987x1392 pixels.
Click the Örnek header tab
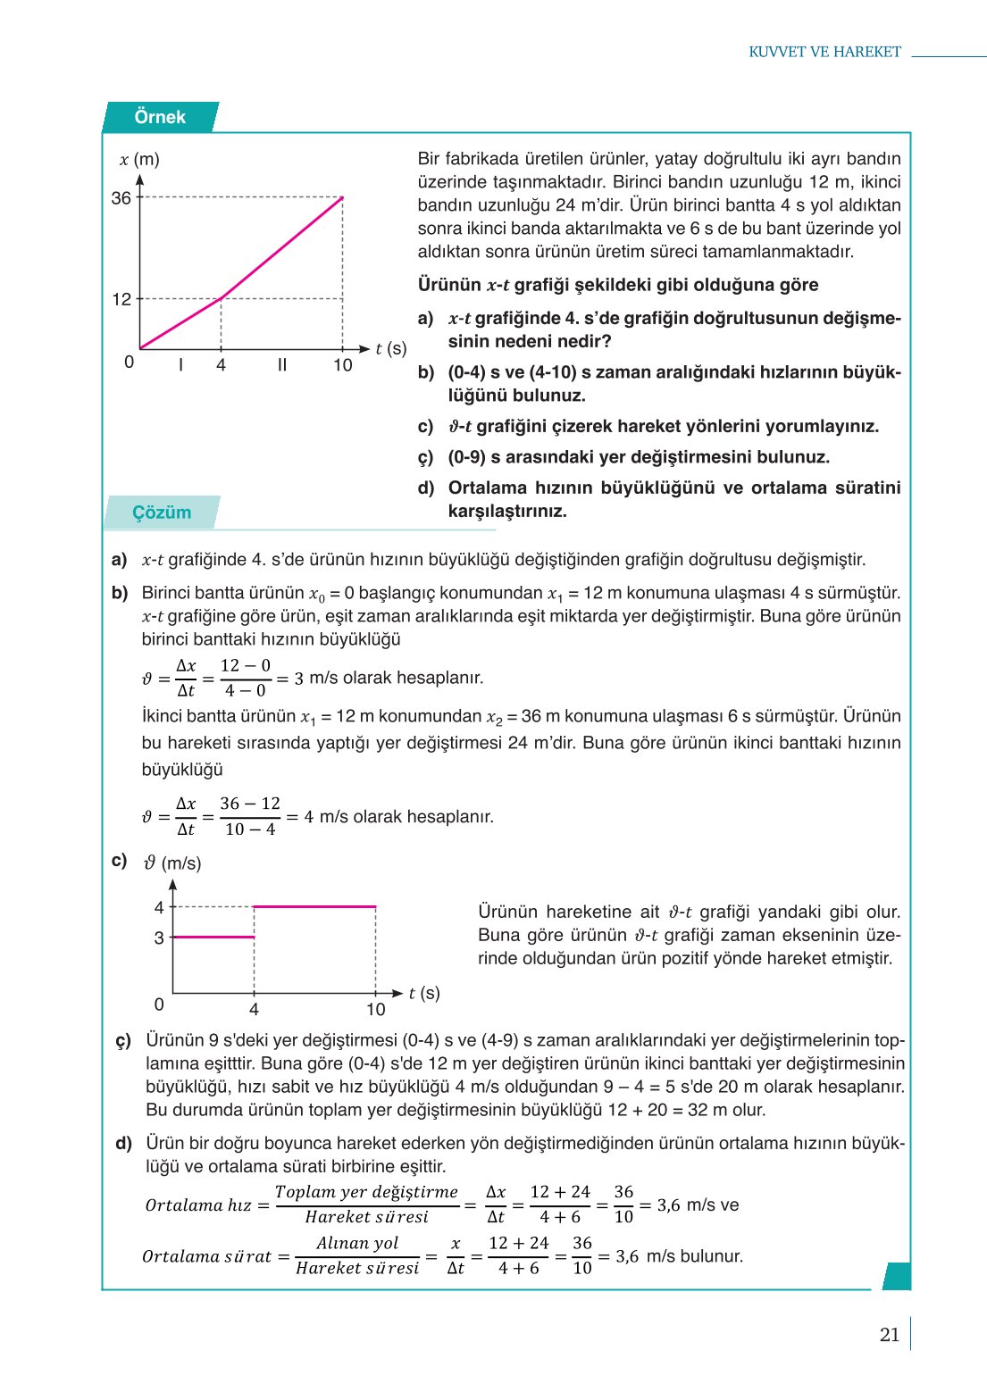(x=160, y=117)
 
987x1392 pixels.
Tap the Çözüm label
(x=162, y=513)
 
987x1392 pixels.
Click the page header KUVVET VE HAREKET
(x=824, y=52)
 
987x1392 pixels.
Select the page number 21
(x=889, y=1335)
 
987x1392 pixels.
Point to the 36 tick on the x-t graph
(x=121, y=198)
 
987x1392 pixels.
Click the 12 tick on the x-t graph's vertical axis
(x=121, y=299)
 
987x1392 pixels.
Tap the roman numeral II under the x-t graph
(x=282, y=364)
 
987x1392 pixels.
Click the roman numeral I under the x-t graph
(x=181, y=364)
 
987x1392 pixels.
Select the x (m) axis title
(x=139, y=160)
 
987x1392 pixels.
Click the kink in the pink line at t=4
(x=222, y=298)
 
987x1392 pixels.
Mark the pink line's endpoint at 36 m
(x=342, y=198)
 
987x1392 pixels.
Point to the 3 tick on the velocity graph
(x=159, y=938)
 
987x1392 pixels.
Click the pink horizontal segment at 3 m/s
(x=213, y=937)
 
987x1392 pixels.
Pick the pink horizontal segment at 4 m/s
(x=314, y=906)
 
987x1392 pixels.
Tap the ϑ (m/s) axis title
(x=172, y=863)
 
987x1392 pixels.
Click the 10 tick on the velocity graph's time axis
(x=375, y=1010)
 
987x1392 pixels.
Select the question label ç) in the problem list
(x=426, y=457)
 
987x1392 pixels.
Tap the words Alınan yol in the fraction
(x=357, y=1243)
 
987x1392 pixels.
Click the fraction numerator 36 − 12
(x=250, y=804)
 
